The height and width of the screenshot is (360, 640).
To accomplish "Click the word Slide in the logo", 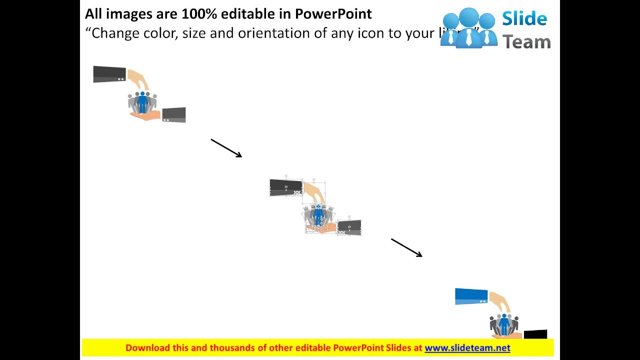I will [x=524, y=19].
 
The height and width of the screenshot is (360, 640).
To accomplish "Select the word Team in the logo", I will [x=526, y=42].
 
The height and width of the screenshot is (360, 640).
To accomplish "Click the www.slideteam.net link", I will [x=467, y=348].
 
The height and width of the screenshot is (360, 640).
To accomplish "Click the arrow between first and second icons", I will [x=226, y=148].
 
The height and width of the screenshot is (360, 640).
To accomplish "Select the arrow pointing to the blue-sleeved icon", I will [x=406, y=247].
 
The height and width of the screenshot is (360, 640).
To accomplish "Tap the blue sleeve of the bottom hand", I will [x=471, y=296].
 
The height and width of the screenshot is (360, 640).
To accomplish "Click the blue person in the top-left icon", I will [x=142, y=102].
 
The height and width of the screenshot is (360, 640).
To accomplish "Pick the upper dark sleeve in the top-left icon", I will [x=109, y=74].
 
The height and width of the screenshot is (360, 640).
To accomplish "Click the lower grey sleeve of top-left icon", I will [x=174, y=114].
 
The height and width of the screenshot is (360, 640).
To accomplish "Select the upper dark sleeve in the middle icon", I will [x=286, y=187].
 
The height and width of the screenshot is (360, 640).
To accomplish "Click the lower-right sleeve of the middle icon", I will [x=349, y=227].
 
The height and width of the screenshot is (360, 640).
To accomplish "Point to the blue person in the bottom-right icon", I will [x=504, y=325].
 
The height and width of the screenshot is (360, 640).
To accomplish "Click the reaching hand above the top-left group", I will [x=138, y=79].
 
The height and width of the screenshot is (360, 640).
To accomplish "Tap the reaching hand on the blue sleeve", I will [x=500, y=301].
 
